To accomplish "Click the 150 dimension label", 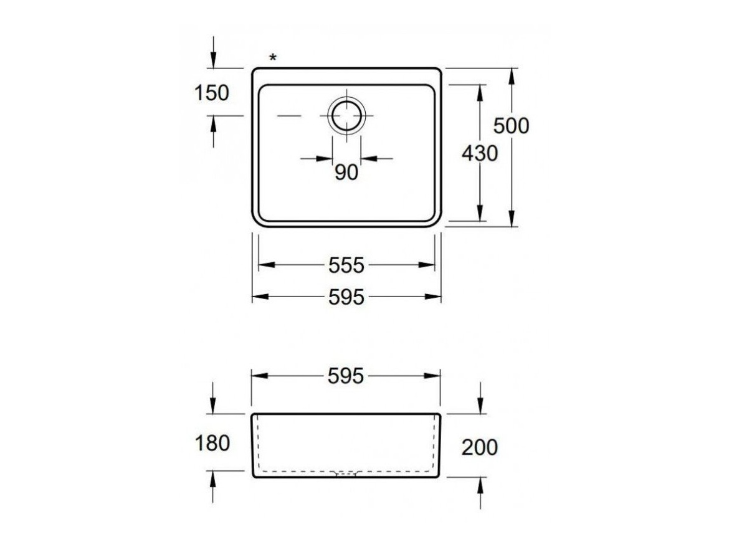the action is pos(212,93).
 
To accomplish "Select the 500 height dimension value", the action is pos(511,126).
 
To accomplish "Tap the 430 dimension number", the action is pos(479,153).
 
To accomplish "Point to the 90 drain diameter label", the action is pos(346,173).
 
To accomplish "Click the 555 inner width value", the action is pos(346,265).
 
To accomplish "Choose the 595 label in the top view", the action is pos(346,297).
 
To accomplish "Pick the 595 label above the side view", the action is pos(346,376).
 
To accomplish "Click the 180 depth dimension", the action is pos(212,443).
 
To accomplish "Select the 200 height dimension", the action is pos(480,447).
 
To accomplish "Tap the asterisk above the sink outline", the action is pos(273,57).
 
